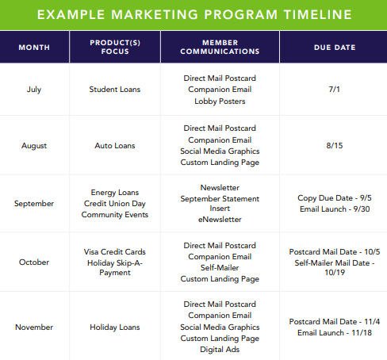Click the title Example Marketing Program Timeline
tap(194, 14)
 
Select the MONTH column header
tap(34, 48)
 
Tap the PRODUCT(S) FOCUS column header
tap(115, 47)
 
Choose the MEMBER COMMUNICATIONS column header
tap(220, 47)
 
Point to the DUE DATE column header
tap(335, 48)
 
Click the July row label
tap(34, 90)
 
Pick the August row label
tap(34, 146)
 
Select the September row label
tap(34, 204)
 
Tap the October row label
tap(34, 262)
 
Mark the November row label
tap(34, 327)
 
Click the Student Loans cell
tap(115, 90)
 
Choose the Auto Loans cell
tap(115, 146)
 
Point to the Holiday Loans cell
tap(115, 327)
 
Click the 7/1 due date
tap(335, 90)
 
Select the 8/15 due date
tap(335, 146)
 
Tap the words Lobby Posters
tap(220, 101)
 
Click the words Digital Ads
tap(220, 350)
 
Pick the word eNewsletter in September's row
tap(220, 220)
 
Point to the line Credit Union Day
tap(115, 204)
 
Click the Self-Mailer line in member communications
tap(220, 268)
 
